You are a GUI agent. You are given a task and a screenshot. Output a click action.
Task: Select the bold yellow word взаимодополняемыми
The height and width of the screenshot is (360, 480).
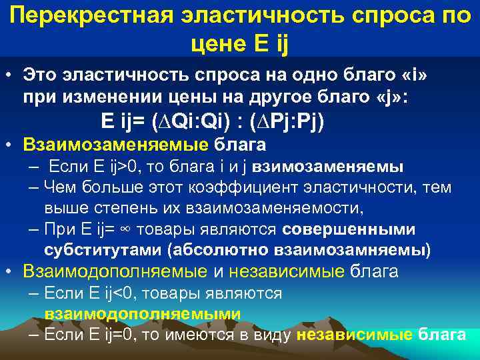click(143, 313)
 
